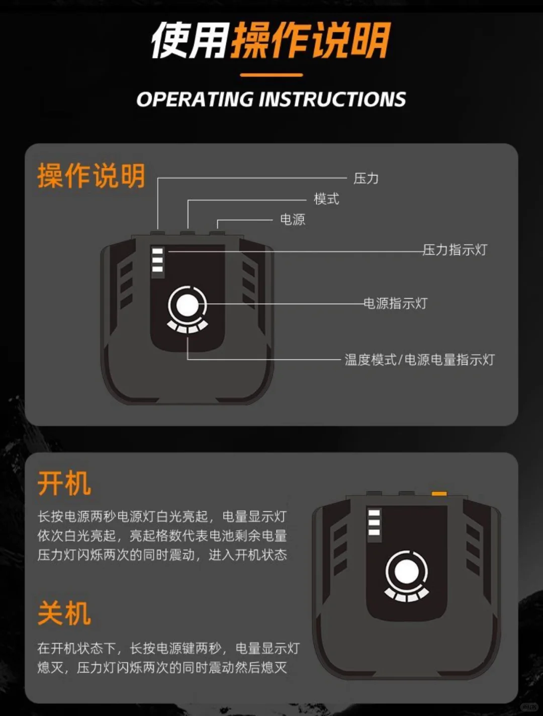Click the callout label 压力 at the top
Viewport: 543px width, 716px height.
pyautogui.click(x=366, y=178)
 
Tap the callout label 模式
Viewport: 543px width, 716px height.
pyautogui.click(x=326, y=199)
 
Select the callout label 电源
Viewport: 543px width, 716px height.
pyautogui.click(x=292, y=220)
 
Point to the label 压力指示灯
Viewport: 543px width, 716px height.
pyautogui.click(x=455, y=250)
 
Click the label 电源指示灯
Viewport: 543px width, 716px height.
pyautogui.click(x=395, y=304)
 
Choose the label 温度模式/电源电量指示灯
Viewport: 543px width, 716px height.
pyautogui.click(x=419, y=360)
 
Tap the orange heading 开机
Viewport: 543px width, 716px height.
pyautogui.click(x=64, y=484)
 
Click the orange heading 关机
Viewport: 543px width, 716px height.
pyautogui.click(x=64, y=613)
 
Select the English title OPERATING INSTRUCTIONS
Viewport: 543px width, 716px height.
pyautogui.click(x=271, y=100)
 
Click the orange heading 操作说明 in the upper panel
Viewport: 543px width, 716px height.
pyautogui.click(x=91, y=176)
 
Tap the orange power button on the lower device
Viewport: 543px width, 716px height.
pyautogui.click(x=439, y=494)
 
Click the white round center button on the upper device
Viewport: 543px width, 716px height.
pyautogui.click(x=188, y=305)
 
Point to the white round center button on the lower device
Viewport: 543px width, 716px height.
pyautogui.click(x=406, y=572)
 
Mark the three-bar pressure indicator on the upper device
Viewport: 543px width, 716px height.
pyautogui.click(x=157, y=260)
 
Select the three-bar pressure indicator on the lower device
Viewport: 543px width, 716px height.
pyautogui.click(x=374, y=523)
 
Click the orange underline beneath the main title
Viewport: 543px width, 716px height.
pyautogui.click(x=271, y=75)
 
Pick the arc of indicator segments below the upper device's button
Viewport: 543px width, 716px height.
pyautogui.click(x=188, y=327)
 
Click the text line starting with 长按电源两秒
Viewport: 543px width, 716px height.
pyautogui.click(x=162, y=517)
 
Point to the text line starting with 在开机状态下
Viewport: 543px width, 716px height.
pyautogui.click(x=168, y=649)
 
